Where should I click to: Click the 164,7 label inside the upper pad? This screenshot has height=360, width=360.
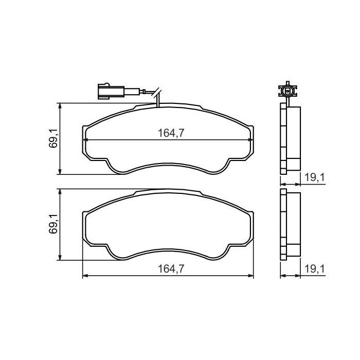(x=171, y=133)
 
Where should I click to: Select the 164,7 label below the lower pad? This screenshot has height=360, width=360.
(x=171, y=269)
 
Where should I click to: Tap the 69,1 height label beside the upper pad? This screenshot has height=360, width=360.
(x=53, y=139)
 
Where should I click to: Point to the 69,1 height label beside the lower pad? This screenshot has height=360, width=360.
(x=53, y=224)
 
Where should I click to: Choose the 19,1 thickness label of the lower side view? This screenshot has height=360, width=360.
(x=314, y=269)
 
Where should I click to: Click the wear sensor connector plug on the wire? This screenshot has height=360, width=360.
(x=106, y=92)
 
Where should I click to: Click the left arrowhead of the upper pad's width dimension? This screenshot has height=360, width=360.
(x=85, y=140)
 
